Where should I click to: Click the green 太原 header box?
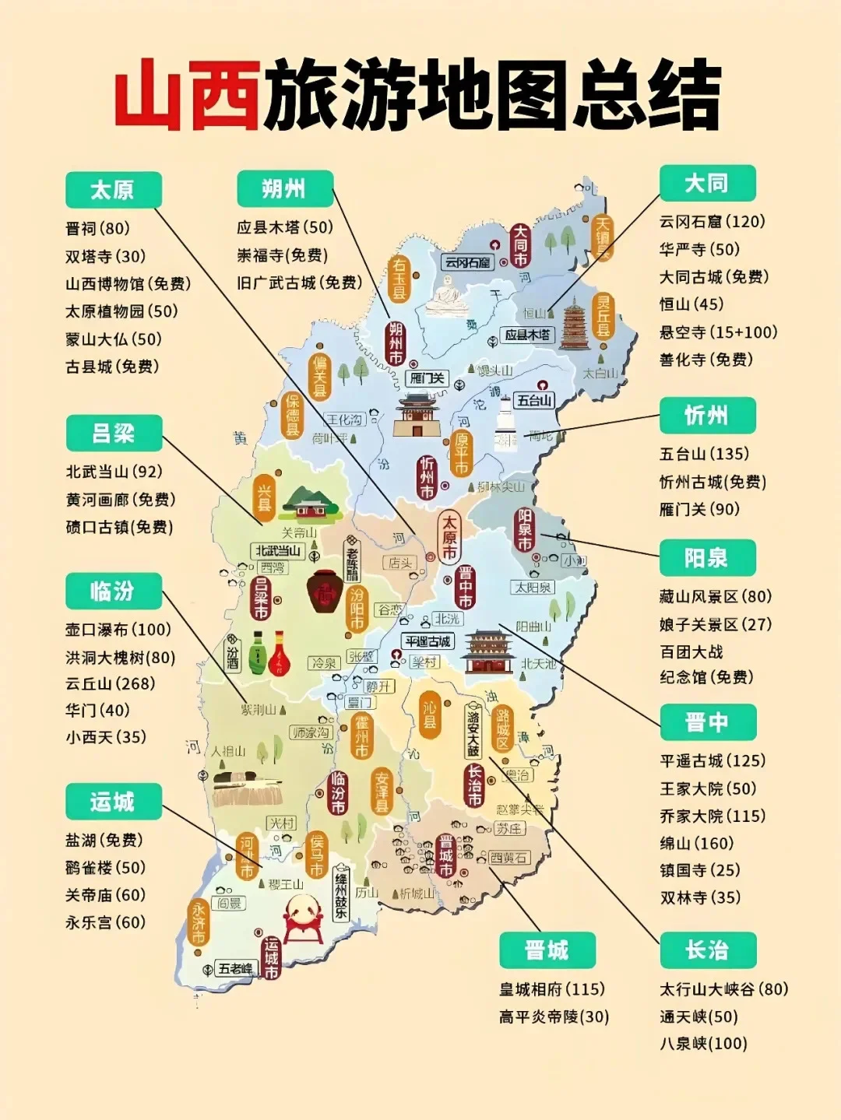click(x=113, y=190)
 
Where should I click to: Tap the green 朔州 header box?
click(x=285, y=189)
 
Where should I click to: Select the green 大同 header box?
click(x=707, y=184)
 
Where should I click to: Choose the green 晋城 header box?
click(x=547, y=950)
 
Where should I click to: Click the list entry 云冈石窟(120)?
click(x=712, y=222)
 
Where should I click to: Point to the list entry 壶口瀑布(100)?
click(x=118, y=630)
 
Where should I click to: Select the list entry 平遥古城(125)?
click(x=713, y=761)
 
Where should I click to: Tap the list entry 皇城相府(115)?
click(x=551, y=989)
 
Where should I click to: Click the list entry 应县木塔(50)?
click(x=284, y=227)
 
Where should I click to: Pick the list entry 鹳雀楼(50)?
click(x=105, y=868)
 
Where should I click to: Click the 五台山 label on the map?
click(x=534, y=401)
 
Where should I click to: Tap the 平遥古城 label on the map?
click(x=428, y=641)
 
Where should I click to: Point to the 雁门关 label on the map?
click(x=427, y=378)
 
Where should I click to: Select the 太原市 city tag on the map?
click(x=449, y=537)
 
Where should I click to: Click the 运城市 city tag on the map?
click(x=271, y=957)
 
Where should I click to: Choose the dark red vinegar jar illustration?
click(x=325, y=592)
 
